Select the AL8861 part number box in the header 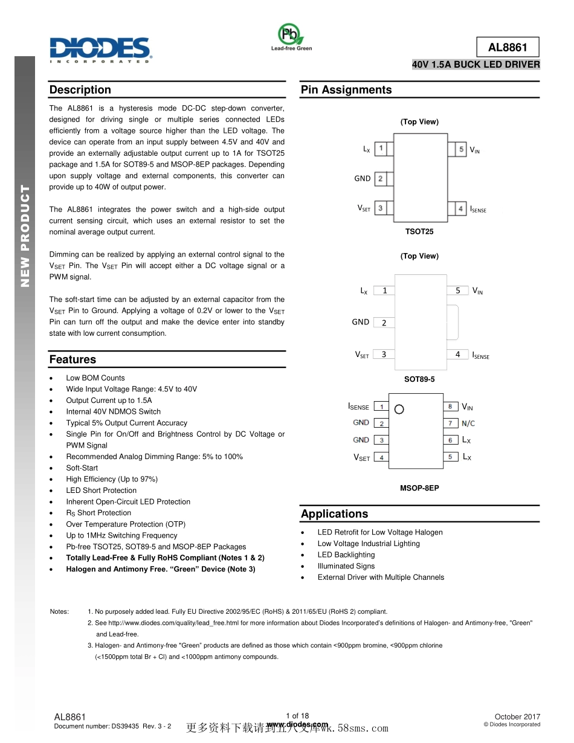(508, 47)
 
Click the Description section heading (80, 90)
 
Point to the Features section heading (73, 359)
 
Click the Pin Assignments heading (346, 90)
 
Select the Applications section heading (334, 514)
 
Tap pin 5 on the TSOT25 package (460, 149)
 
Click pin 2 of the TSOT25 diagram (380, 178)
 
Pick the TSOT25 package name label (419, 231)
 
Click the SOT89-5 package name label (419, 379)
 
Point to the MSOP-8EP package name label (419, 488)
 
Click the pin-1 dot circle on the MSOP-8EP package (399, 409)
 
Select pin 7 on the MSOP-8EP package (450, 423)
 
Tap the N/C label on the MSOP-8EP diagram (468, 423)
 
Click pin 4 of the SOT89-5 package (457, 355)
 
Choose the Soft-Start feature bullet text (82, 468)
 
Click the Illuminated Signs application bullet (346, 566)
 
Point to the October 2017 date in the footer (517, 716)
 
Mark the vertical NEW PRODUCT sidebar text (25, 236)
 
